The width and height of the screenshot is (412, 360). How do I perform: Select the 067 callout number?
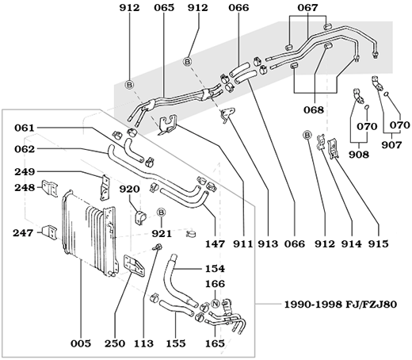coord(307,9)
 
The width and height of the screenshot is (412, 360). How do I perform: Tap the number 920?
coord(129,190)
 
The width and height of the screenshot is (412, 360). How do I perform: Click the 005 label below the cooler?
coord(82,346)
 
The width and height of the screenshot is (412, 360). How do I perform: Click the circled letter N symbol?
coord(215,304)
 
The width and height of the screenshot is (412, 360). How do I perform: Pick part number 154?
coord(215,269)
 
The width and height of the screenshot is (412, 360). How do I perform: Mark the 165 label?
coord(215,346)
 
